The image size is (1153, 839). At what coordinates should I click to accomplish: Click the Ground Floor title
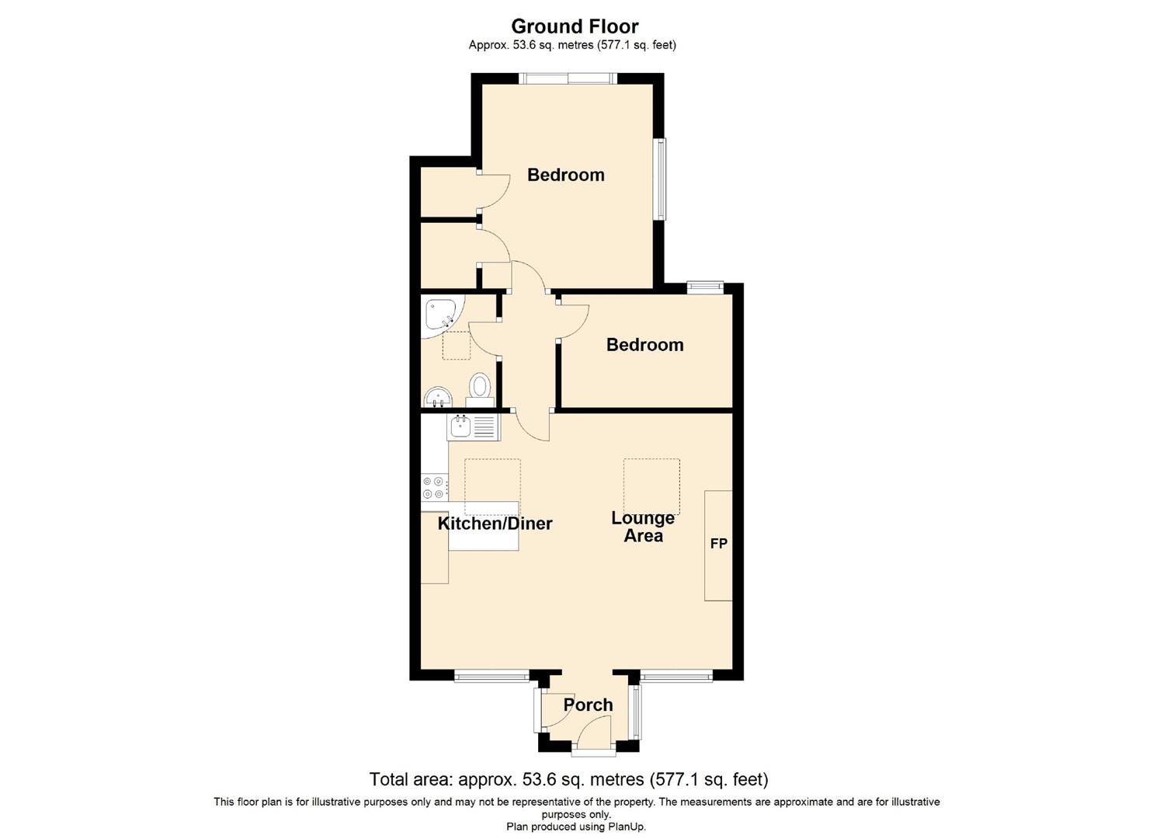[575, 26]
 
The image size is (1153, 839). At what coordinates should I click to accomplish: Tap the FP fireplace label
[718, 544]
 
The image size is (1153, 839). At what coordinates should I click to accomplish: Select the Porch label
[588, 705]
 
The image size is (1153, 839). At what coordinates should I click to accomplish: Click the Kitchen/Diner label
[495, 523]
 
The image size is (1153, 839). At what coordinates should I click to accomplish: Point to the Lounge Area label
[643, 526]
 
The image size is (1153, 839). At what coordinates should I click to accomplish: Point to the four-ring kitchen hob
[434, 488]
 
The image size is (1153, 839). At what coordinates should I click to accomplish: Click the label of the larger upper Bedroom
[565, 175]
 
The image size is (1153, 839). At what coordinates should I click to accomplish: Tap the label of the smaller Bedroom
[644, 344]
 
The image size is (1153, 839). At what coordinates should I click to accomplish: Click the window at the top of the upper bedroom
[568, 78]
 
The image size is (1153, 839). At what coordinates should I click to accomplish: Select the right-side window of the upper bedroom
[660, 179]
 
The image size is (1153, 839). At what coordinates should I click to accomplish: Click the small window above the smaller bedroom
[705, 287]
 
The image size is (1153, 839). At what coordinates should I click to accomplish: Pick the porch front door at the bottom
[594, 750]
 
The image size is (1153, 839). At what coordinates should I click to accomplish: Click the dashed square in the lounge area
[651, 486]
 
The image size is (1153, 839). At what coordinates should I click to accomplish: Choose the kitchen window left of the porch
[491, 677]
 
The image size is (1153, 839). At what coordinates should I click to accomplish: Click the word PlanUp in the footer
[626, 827]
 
